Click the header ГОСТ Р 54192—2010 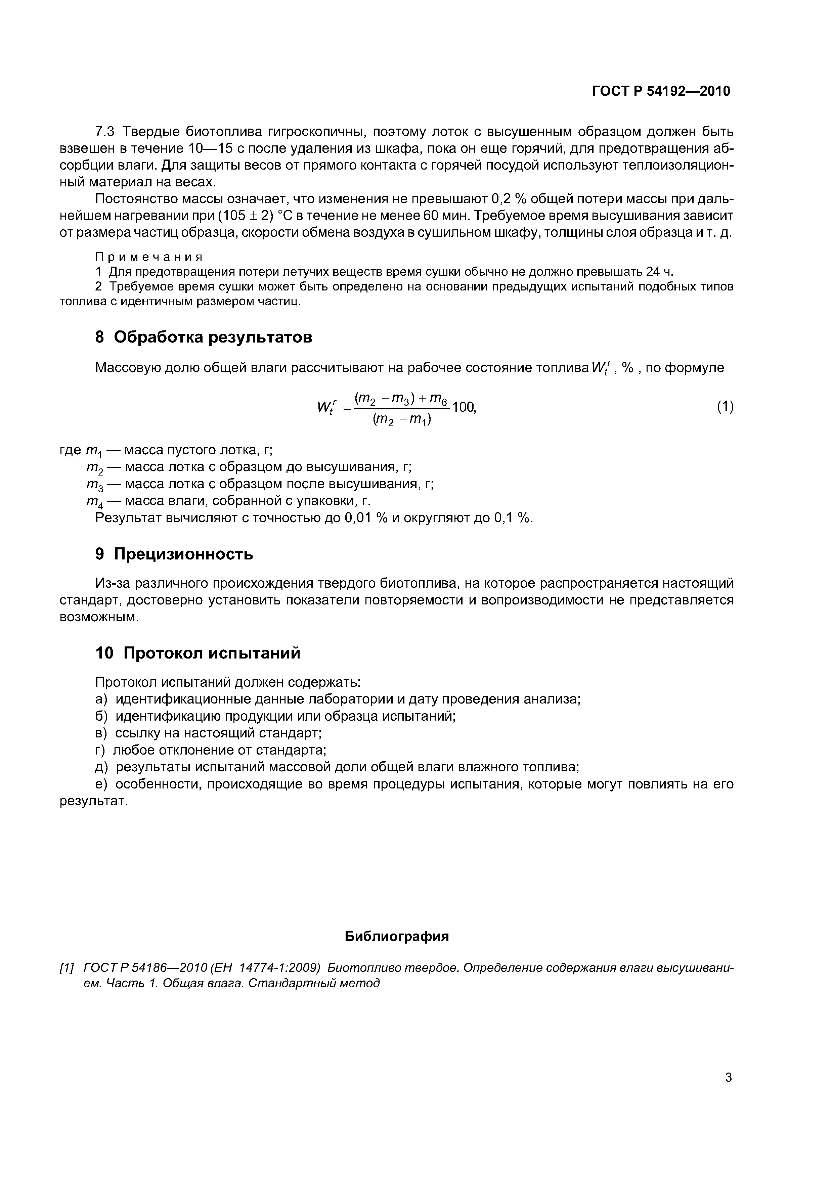(661, 91)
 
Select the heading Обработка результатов (213, 337)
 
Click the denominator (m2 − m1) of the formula (402, 420)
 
